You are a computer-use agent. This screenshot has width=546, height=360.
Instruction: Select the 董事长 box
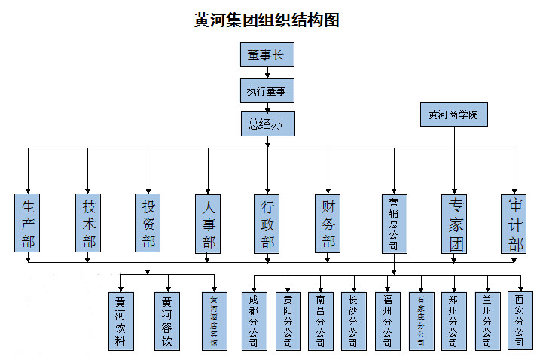pyautogui.click(x=267, y=55)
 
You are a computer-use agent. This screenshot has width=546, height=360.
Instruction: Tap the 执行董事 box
pyautogui.click(x=267, y=91)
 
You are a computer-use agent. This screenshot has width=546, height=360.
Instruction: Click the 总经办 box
pyautogui.click(x=267, y=123)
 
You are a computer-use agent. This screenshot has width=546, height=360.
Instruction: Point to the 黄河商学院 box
pyautogui.click(x=453, y=114)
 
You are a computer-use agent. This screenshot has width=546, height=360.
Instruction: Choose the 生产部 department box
pyautogui.click(x=28, y=223)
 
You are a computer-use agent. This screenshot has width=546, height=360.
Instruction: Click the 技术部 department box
pyautogui.click(x=88, y=223)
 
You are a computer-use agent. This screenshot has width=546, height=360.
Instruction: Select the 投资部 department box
pyautogui.click(x=148, y=223)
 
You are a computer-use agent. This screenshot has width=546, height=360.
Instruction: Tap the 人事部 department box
pyautogui.click(x=209, y=223)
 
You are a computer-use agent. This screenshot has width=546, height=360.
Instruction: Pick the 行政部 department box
pyautogui.click(x=268, y=223)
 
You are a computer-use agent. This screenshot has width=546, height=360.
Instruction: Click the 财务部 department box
pyautogui.click(x=328, y=223)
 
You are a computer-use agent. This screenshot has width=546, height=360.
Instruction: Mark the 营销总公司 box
pyautogui.click(x=393, y=223)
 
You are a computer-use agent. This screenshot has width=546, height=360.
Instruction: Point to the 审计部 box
pyautogui.click(x=515, y=223)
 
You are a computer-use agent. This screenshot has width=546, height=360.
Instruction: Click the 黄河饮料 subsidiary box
pyautogui.click(x=120, y=321)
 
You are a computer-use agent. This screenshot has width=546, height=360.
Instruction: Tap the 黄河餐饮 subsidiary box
pyautogui.click(x=167, y=321)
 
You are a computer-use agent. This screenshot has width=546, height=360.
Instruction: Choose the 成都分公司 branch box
pyautogui.click(x=253, y=321)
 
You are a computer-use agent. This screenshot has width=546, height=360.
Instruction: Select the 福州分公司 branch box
pyautogui.click(x=387, y=321)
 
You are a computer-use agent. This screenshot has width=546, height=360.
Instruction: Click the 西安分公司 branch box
pyautogui.click(x=519, y=320)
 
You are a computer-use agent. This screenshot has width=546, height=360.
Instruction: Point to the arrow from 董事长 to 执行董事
pyautogui.click(x=267, y=72)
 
